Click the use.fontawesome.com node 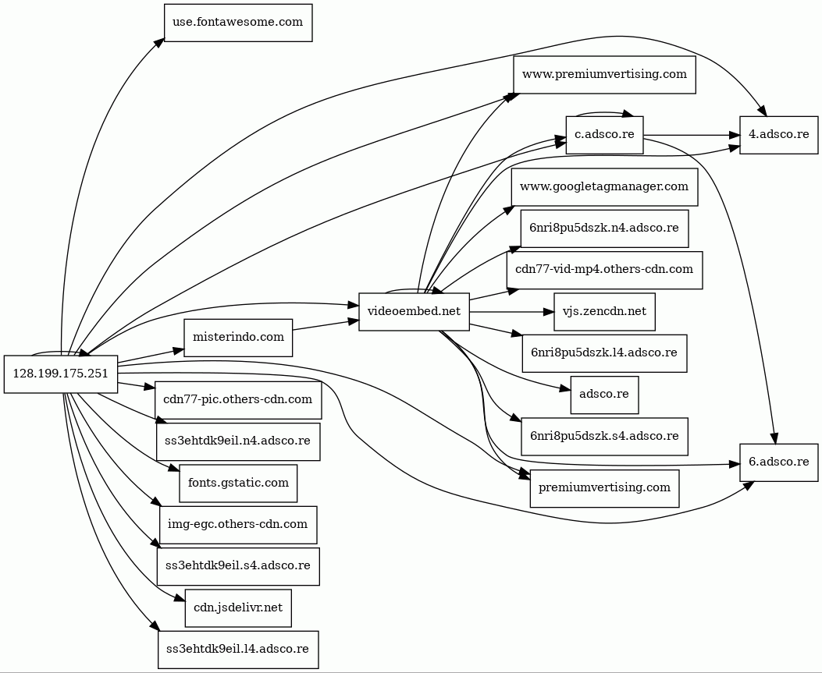pos(238,23)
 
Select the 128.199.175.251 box pos(61,374)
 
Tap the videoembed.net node pos(415,312)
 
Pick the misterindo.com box pos(238,338)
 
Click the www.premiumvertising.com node pos(604,75)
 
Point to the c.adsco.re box pos(604,135)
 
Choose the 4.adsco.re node pos(778,135)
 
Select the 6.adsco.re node pos(778,462)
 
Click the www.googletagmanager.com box pos(604,187)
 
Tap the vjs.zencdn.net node pos(604,312)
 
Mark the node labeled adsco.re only pos(604,395)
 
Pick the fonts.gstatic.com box pos(238,483)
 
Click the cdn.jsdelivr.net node pos(238,608)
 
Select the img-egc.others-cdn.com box pos(238,525)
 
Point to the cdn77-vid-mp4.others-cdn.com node pos(604,271)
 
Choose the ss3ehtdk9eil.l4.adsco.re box pos(238,650)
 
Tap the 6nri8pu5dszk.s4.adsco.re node pos(604,436)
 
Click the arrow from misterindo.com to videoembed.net pos(326,324)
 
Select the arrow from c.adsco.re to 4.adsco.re pos(692,135)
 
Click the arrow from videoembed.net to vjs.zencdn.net pos(511,312)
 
